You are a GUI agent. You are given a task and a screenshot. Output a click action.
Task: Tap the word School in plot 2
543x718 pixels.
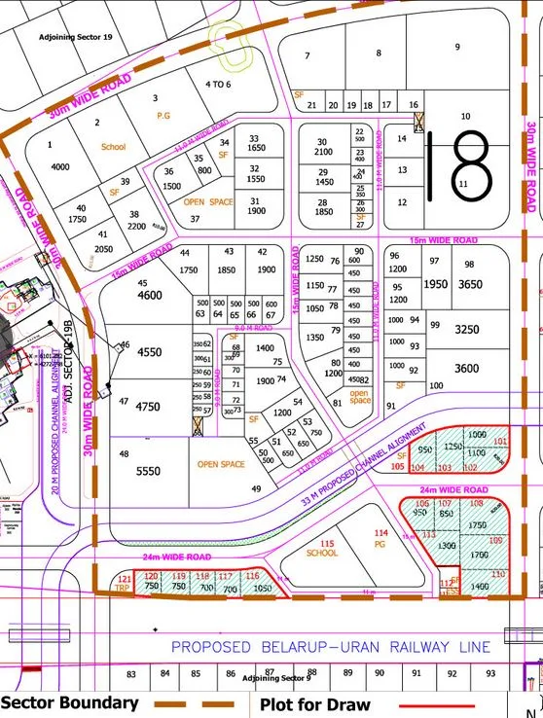[113, 147]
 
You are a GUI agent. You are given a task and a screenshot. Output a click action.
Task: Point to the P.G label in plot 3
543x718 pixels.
[163, 115]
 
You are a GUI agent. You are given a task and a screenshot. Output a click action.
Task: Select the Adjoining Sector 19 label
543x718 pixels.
[76, 36]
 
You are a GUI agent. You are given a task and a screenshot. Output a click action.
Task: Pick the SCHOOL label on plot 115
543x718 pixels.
[322, 553]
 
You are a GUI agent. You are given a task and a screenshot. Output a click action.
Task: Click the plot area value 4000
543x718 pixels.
[60, 166]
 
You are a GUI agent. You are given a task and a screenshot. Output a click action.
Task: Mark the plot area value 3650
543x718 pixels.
[470, 284]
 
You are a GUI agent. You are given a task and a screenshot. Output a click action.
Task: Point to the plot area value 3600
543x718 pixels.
[467, 368]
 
